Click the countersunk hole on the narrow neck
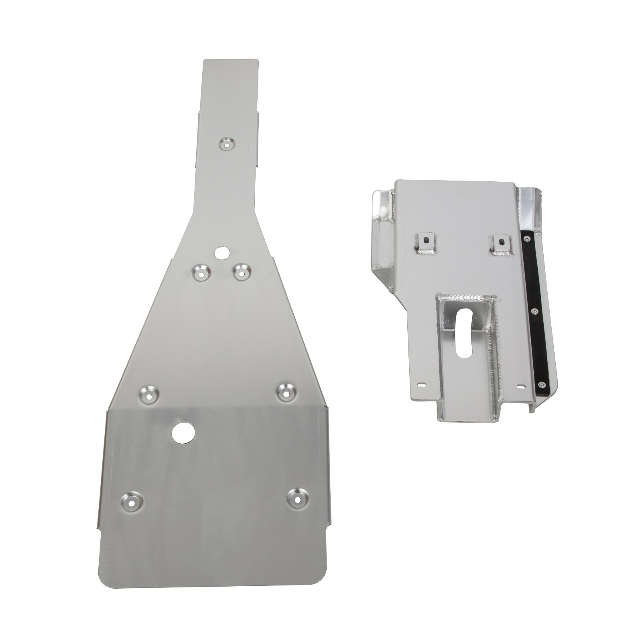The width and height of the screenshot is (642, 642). [x=227, y=143]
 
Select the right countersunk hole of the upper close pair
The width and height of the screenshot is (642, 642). [x=241, y=272]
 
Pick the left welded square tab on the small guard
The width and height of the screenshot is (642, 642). [x=425, y=242]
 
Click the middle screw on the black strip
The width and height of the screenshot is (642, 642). [x=533, y=311]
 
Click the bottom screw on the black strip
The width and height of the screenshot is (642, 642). [x=542, y=384]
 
